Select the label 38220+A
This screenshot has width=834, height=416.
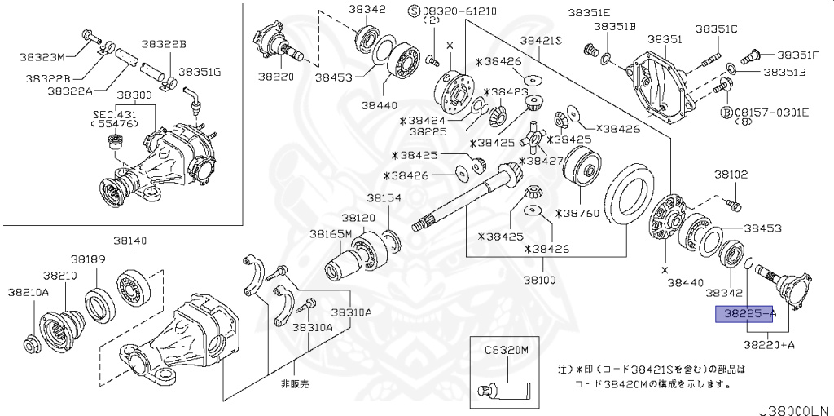[769, 344]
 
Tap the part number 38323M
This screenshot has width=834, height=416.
[42, 56]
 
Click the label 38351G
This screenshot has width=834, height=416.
[200, 72]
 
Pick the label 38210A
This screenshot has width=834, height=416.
[29, 291]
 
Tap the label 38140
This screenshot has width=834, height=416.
[129, 241]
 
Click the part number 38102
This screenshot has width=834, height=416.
[731, 174]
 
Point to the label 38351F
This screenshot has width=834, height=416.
[797, 55]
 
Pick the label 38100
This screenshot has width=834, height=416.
[539, 279]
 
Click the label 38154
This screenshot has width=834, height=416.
[383, 197]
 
